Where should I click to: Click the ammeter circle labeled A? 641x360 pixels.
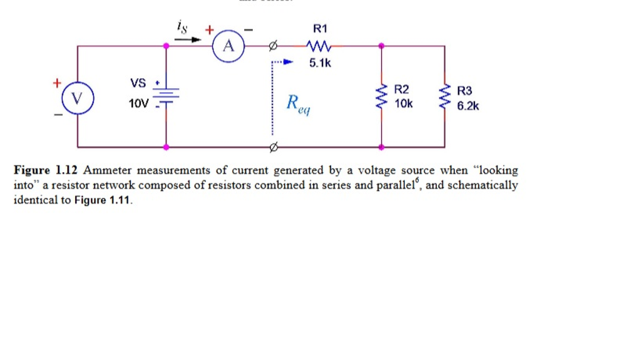228,46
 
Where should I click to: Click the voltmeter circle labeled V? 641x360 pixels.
78,98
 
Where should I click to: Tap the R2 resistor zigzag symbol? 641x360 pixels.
381,98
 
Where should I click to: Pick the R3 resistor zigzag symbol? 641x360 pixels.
445,98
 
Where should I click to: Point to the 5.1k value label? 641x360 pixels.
320,63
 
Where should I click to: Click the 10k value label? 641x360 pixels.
404,103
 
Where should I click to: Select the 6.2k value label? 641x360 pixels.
468,106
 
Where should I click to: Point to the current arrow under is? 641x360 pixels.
187,39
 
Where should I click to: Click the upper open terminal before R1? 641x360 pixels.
272,46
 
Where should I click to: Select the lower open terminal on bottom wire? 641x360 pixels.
272,147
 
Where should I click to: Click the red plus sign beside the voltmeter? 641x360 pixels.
57,82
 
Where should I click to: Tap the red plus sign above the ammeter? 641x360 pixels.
209,29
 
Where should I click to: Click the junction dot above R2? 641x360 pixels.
381,46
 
